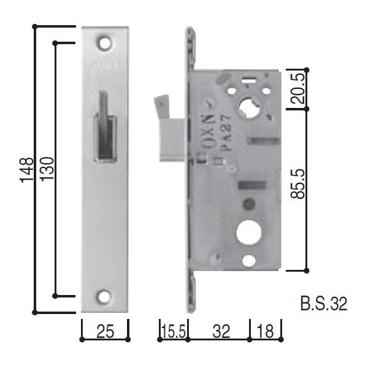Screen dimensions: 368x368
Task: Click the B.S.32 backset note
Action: pos(324,304)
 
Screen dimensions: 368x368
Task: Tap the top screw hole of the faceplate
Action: pos(105,44)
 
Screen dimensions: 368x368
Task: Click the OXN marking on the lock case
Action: pos(208,123)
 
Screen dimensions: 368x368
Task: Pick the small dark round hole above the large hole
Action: pos(247,204)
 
